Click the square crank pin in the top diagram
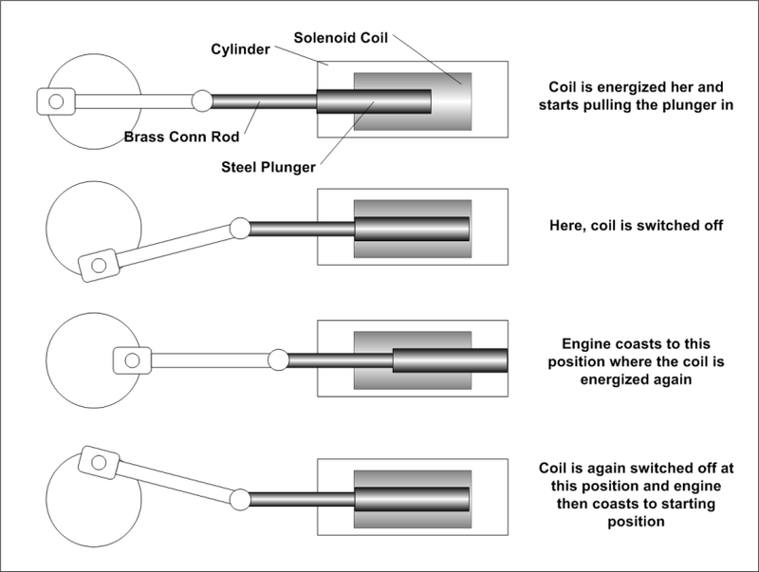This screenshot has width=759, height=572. pos(57,99)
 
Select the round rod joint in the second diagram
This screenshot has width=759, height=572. pos(239,228)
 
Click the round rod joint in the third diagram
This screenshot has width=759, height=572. pos(278,360)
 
